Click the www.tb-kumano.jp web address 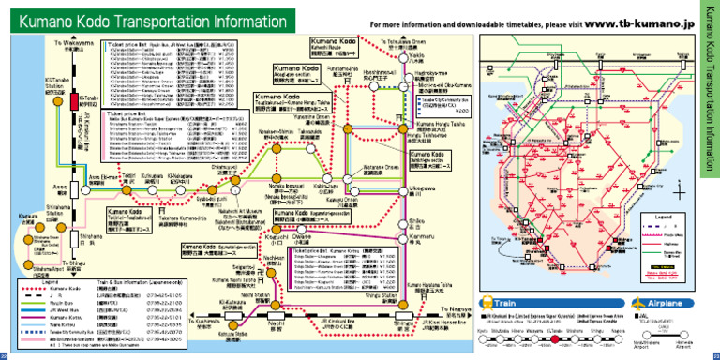click(642, 22)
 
